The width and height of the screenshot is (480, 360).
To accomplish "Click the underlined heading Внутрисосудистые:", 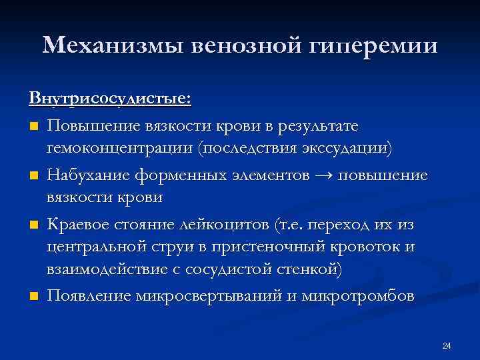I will [110, 98].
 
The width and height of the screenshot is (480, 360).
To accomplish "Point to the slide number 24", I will [447, 345].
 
